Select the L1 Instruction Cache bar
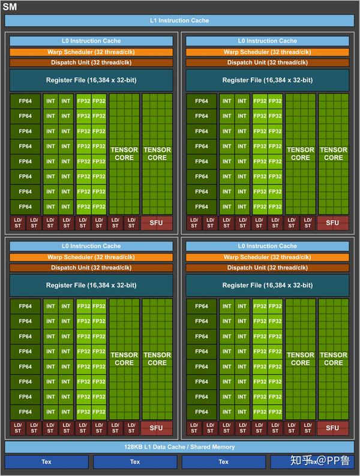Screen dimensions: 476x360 (179, 20)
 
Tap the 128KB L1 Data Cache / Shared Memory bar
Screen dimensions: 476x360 (179, 447)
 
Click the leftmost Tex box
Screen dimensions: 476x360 (46, 462)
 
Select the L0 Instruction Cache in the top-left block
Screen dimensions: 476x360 (91, 41)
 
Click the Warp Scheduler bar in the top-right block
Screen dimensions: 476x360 (268, 52)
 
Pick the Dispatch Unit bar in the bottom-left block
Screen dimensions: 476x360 (91, 267)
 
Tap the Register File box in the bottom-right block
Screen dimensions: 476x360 (268, 285)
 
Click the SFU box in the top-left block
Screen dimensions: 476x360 (157, 223)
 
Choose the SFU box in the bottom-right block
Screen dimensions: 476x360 (333, 428)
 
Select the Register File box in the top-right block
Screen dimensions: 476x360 (268, 80)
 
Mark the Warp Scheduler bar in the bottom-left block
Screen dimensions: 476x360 (91, 257)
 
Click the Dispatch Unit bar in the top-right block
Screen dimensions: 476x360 (268, 62)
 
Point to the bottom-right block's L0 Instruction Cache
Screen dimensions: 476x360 (268, 246)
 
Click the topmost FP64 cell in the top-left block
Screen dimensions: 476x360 (25, 101)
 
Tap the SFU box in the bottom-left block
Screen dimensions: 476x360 (157, 428)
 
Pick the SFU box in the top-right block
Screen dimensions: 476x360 (333, 223)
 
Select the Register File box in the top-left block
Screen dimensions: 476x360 (91, 80)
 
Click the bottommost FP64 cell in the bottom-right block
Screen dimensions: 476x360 (202, 412)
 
